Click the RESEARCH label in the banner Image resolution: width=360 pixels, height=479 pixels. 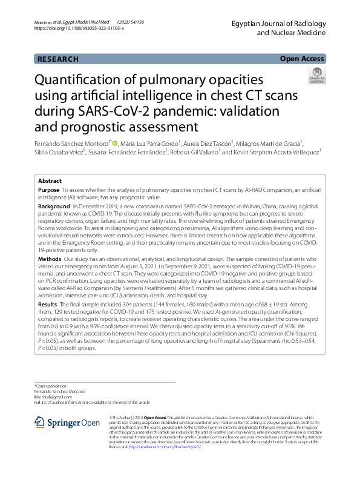click(x=57, y=59)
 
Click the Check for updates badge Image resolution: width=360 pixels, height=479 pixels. click(x=316, y=76)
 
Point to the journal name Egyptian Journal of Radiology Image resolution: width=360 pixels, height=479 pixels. click(x=282, y=24)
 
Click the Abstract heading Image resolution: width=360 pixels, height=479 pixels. click(x=50, y=181)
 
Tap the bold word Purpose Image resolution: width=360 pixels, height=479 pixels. click(x=48, y=190)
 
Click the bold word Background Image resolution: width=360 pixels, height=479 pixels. click(x=54, y=206)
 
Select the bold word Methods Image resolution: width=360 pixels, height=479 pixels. click(x=50, y=258)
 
